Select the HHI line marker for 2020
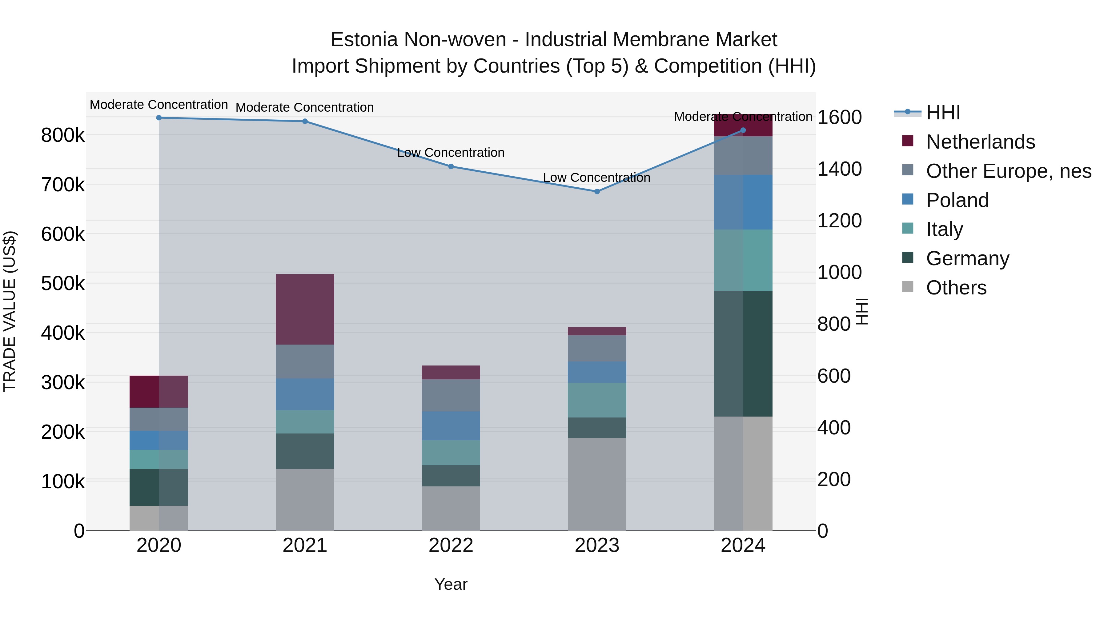tap(159, 118)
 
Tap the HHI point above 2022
tap(451, 166)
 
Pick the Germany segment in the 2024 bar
tap(743, 353)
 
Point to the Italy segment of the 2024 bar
tap(743, 260)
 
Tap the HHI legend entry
tap(942, 113)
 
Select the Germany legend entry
tap(967, 258)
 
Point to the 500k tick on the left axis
tap(63, 283)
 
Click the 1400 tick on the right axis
tap(839, 169)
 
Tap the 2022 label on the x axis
tap(451, 545)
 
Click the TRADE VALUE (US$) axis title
tap(10, 311)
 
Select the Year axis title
tap(451, 584)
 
